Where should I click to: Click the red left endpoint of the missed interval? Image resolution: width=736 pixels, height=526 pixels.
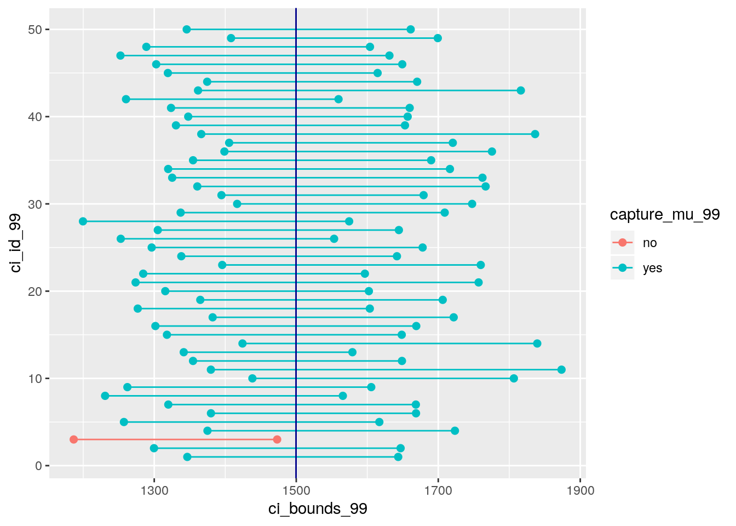pyautogui.click(x=73, y=439)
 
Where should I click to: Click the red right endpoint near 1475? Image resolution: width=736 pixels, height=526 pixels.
pyautogui.click(x=277, y=439)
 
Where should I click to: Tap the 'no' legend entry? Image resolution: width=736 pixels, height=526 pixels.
pyautogui.click(x=649, y=243)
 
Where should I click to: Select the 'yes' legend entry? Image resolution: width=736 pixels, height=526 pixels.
pyautogui.click(x=652, y=268)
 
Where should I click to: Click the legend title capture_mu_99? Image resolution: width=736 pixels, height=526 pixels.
pyautogui.click(x=665, y=215)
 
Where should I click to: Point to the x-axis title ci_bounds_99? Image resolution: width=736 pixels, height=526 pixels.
pyautogui.click(x=318, y=508)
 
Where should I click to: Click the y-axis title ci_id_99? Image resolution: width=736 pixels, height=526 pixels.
pyautogui.click(x=15, y=243)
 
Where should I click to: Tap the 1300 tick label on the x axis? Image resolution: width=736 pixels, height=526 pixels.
pyautogui.click(x=154, y=491)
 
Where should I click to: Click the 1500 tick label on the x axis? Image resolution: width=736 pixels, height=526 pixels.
pyautogui.click(x=296, y=491)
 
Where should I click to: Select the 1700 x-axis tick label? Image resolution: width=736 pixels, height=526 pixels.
pyautogui.click(x=438, y=491)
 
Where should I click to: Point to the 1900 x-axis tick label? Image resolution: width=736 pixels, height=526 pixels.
pyautogui.click(x=580, y=491)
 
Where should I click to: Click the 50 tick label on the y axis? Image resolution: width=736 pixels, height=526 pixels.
pyautogui.click(x=35, y=30)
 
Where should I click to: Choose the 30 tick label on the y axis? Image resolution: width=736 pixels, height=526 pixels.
pyautogui.click(x=35, y=204)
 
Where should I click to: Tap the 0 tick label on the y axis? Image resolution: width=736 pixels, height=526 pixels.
pyautogui.click(x=38, y=466)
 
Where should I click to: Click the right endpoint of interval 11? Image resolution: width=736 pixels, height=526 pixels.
pyautogui.click(x=561, y=370)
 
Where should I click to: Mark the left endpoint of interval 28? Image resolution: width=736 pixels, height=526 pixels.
pyautogui.click(x=83, y=221)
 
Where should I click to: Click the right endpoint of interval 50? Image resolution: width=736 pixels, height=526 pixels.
pyautogui.click(x=410, y=30)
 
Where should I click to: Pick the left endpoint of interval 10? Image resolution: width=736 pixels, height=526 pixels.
pyautogui.click(x=252, y=379)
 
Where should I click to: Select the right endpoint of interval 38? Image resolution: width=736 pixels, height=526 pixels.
pyautogui.click(x=535, y=134)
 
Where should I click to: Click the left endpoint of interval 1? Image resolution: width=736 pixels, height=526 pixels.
pyautogui.click(x=187, y=457)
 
